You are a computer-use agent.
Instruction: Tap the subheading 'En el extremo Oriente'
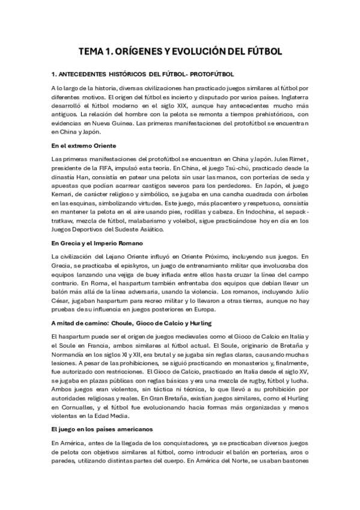(x=84, y=146)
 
